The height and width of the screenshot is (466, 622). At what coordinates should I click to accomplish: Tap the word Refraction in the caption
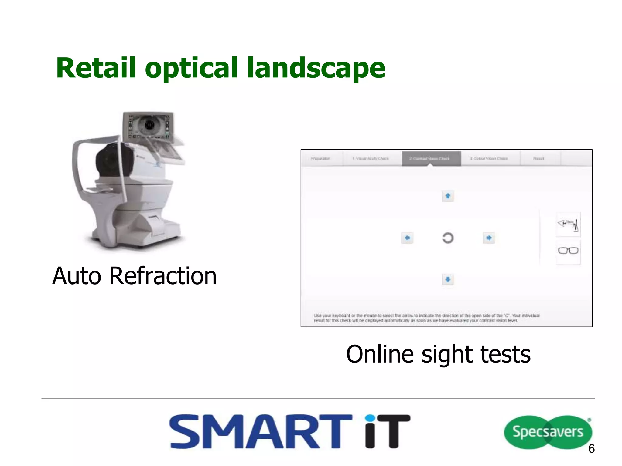click(163, 276)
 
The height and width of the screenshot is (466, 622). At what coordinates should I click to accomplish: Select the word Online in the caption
click(380, 354)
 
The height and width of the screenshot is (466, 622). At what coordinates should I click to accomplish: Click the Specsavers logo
click(548, 432)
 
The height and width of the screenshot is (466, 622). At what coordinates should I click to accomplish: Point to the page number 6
click(591, 448)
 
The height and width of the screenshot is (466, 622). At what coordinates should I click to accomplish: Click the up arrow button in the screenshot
click(448, 196)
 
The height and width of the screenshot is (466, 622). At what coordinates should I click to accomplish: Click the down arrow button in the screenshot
click(448, 279)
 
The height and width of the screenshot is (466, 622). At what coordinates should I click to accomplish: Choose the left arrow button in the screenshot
click(407, 238)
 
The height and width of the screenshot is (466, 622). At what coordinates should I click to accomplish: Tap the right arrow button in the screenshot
click(489, 238)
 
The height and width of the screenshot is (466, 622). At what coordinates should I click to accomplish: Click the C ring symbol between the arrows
click(448, 238)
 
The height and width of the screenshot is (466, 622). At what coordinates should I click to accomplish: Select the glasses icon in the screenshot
click(568, 251)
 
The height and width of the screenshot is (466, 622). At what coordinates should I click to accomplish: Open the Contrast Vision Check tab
click(431, 159)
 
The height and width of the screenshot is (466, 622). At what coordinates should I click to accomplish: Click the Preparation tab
click(321, 159)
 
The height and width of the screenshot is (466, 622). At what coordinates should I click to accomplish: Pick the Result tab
click(539, 159)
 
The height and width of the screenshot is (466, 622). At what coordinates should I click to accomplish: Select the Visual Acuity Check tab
click(371, 159)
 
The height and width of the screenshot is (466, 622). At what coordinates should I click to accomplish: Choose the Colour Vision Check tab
click(489, 159)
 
